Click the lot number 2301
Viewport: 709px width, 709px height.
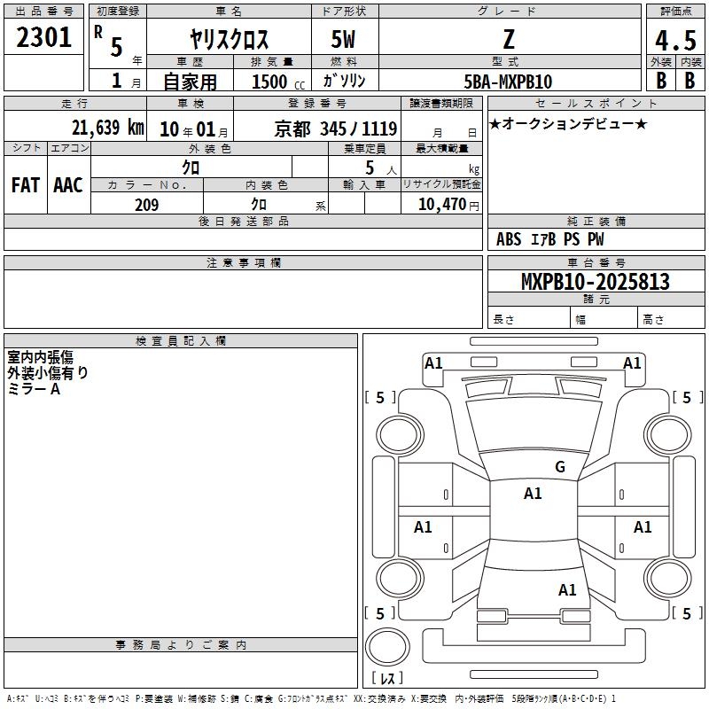click(x=43, y=37)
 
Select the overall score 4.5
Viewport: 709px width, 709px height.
click(x=675, y=41)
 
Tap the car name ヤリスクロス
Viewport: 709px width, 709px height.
click(x=229, y=39)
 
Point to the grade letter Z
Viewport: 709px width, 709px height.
click(x=509, y=39)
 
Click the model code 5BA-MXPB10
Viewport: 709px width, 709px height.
click(x=508, y=82)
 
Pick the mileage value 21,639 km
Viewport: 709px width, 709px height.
click(x=107, y=128)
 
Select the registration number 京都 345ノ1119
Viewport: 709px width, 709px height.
click(x=336, y=129)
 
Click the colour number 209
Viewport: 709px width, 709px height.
click(x=146, y=205)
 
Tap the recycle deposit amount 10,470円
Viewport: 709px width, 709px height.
click(x=448, y=205)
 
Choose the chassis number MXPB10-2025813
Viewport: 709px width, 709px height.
click(x=595, y=282)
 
